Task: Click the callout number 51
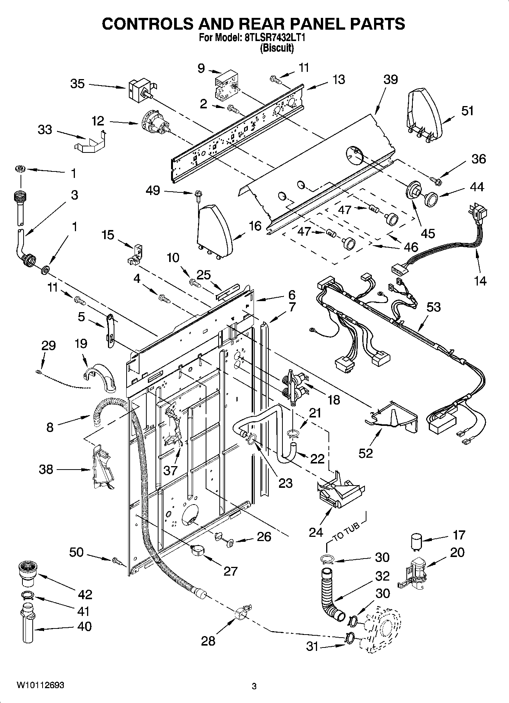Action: pyautogui.click(x=468, y=111)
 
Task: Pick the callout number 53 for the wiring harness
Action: pyautogui.click(x=433, y=307)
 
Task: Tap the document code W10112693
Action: pyautogui.click(x=40, y=686)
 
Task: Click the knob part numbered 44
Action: pyautogui.click(x=431, y=199)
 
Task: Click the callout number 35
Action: pyautogui.click(x=77, y=84)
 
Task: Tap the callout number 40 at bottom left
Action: pyautogui.click(x=84, y=626)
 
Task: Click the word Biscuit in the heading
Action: pyautogui.click(x=276, y=48)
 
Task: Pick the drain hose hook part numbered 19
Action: pyautogui.click(x=100, y=376)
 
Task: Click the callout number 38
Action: pyautogui.click(x=46, y=470)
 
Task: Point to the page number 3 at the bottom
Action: pyautogui.click(x=254, y=686)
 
